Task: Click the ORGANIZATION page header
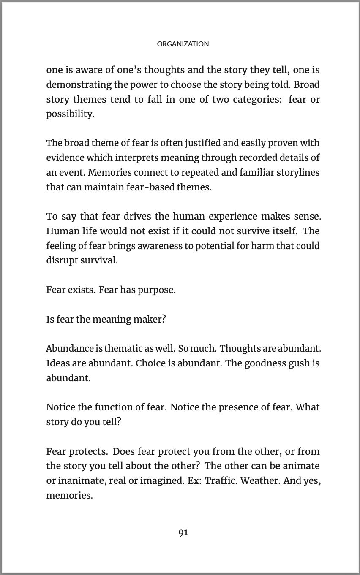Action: [183, 44]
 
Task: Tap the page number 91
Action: [183, 533]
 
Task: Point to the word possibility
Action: [70, 114]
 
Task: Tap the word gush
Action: [299, 363]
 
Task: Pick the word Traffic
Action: [220, 481]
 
